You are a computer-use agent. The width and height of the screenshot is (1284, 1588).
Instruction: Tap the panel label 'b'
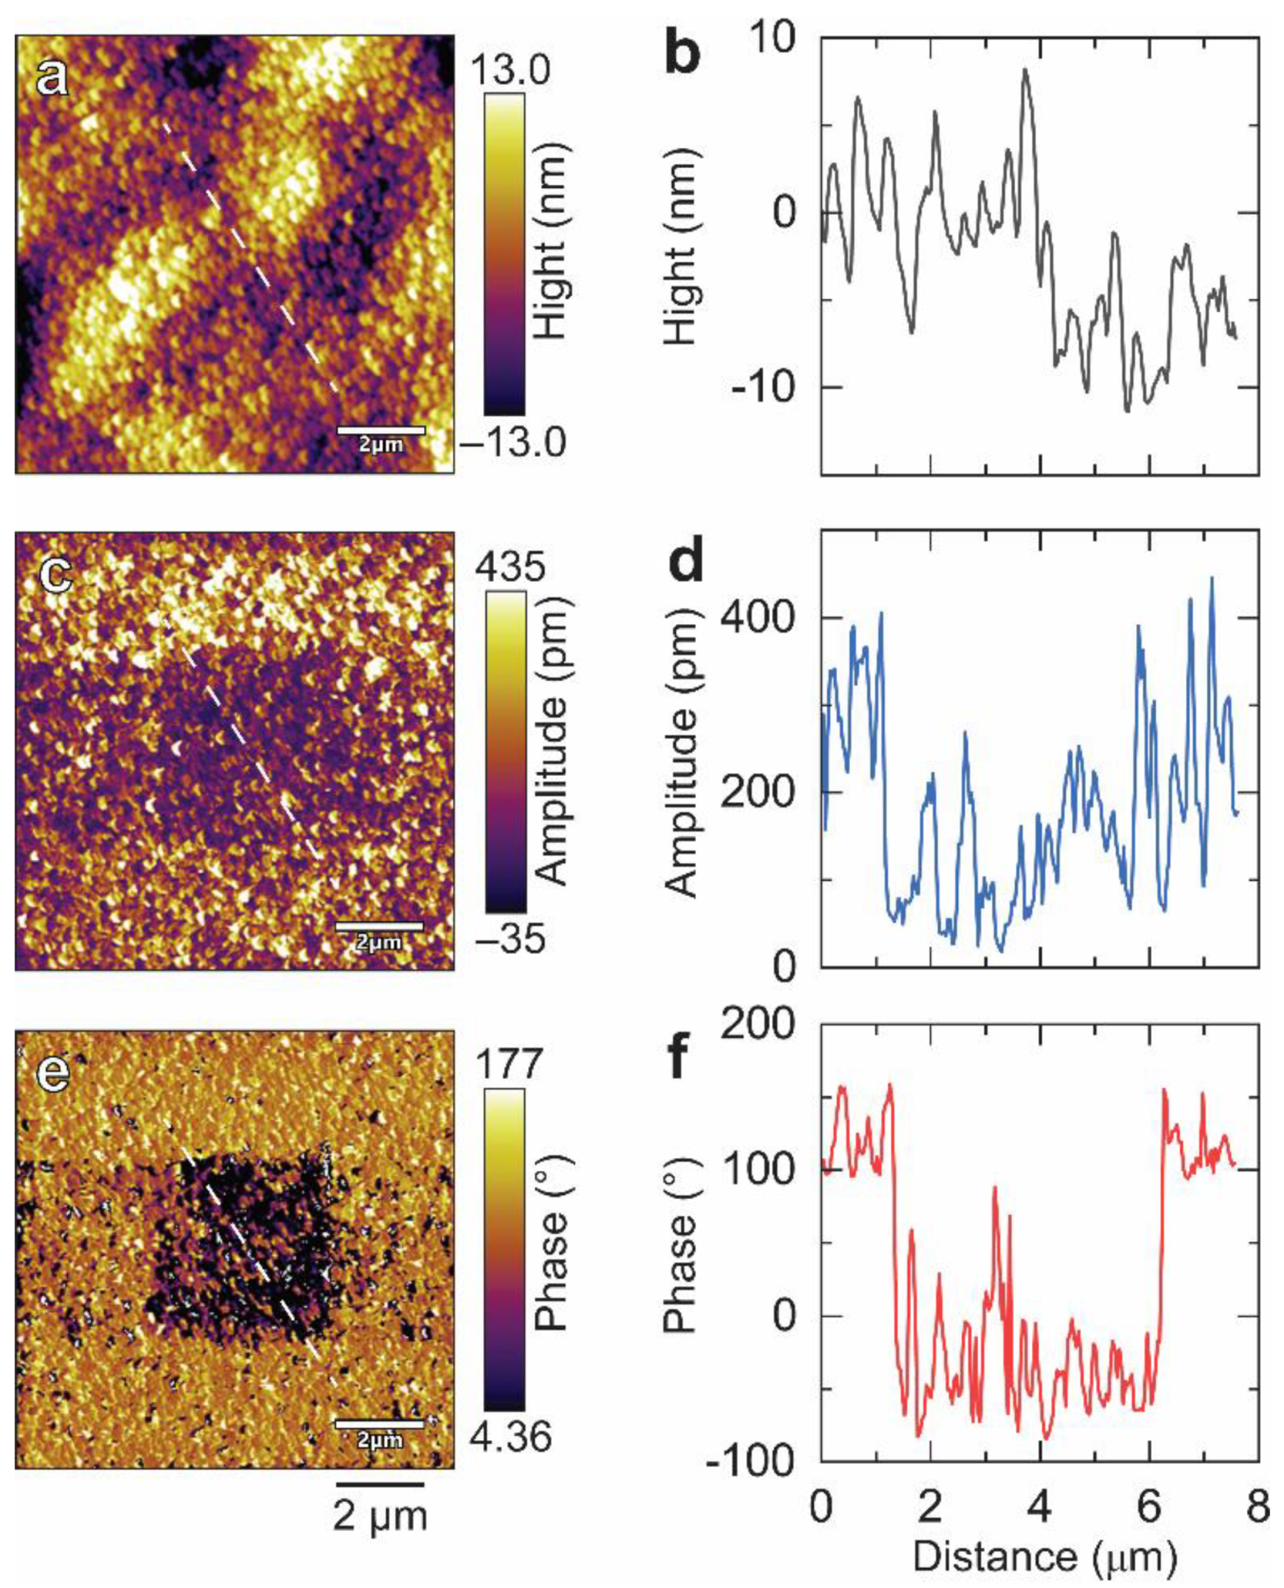(x=682, y=55)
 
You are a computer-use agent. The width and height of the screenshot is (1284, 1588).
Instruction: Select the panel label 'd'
(x=685, y=562)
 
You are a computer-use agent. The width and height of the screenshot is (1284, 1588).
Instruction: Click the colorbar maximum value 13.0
(x=511, y=70)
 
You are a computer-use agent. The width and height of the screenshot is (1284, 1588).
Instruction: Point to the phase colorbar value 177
(x=510, y=1064)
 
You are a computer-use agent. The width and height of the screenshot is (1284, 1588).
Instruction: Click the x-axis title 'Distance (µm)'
(x=1044, y=1556)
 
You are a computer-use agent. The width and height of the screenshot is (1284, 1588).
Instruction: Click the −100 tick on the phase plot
(x=750, y=1462)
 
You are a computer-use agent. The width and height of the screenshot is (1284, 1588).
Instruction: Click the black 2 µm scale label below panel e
(x=380, y=1516)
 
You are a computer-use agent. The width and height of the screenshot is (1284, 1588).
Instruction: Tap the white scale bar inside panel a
(x=380, y=431)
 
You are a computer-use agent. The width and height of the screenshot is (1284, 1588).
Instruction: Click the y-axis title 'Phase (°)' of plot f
(x=679, y=1243)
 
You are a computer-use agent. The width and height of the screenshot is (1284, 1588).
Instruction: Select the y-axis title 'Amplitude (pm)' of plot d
(x=681, y=747)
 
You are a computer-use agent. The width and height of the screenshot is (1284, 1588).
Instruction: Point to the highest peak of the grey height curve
(x=1025, y=71)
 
